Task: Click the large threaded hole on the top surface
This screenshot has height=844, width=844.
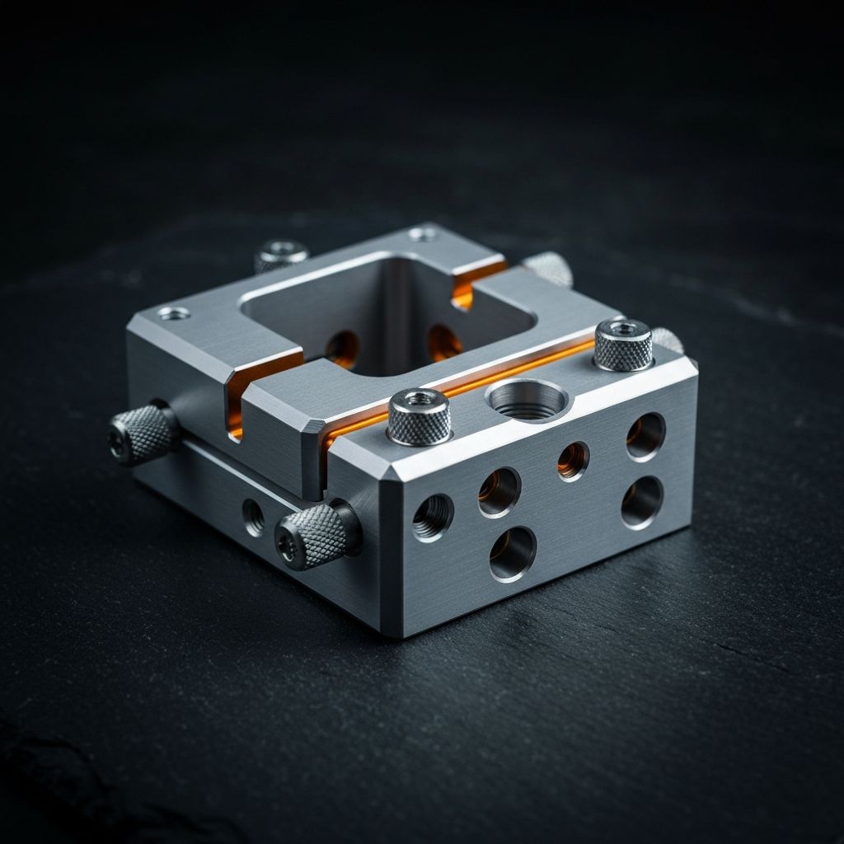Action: click(527, 399)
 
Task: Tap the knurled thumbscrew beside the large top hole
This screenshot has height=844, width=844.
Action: click(420, 416)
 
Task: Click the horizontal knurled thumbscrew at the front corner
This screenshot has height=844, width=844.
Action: click(315, 534)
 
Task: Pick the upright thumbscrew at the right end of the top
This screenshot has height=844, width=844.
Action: click(623, 344)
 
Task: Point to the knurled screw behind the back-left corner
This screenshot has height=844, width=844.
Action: click(280, 255)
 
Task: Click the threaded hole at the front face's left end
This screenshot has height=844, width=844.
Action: click(433, 517)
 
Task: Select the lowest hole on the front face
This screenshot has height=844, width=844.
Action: click(512, 554)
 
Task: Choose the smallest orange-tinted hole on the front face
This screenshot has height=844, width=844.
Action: click(573, 460)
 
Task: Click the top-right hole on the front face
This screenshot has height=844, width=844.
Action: click(645, 436)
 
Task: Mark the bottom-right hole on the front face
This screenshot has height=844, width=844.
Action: click(641, 501)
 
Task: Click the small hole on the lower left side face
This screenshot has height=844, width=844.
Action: click(253, 517)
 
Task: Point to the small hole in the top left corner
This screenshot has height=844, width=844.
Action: click(174, 313)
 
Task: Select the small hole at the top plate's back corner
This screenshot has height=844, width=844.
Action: click(423, 234)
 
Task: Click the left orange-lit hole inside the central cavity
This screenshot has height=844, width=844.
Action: click(342, 349)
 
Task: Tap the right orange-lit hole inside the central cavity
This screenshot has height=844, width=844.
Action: click(443, 342)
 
